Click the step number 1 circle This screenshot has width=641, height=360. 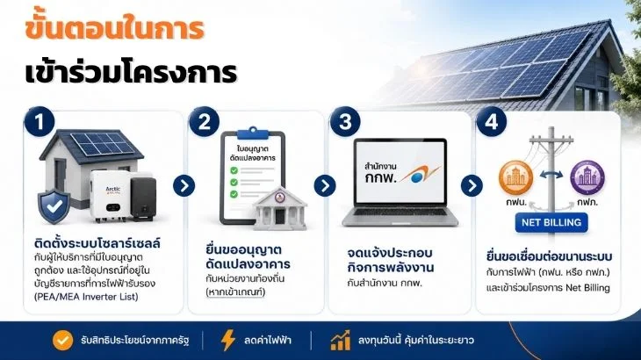40,121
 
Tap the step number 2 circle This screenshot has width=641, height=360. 205,121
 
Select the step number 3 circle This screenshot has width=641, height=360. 345,121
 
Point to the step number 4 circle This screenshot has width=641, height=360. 492,121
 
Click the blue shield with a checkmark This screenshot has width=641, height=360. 54,206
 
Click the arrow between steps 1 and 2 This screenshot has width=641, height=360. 184,186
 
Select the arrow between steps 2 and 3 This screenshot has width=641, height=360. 325,186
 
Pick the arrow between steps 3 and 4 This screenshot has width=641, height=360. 472,186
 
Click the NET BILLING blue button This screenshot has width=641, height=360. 551,223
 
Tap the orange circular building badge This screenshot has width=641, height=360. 516,177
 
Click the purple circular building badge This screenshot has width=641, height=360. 587,177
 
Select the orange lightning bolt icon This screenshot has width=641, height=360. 227,340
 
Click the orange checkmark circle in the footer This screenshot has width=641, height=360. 62,340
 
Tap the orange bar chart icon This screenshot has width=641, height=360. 340,341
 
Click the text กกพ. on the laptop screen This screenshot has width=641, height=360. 381,177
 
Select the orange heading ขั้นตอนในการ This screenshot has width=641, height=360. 114,28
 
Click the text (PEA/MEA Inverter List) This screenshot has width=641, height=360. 86,297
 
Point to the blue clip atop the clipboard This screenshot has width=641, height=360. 253,133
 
